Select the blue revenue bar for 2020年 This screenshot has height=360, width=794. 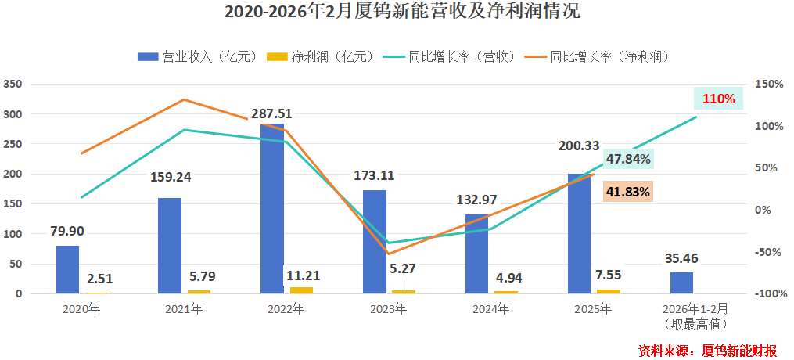coord(67,269)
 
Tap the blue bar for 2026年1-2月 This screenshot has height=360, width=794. coord(681,283)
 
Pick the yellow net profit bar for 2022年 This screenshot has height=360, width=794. coord(301,290)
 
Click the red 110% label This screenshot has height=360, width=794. coord(718,99)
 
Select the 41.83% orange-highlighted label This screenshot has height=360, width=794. coord(628,192)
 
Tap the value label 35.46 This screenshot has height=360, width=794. coord(682,257)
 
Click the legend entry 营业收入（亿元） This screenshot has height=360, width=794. coord(198,56)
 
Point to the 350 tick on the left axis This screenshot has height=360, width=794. coord(13,84)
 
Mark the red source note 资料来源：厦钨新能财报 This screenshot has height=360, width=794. coord(707,349)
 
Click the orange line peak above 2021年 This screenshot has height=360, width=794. coord(183,99)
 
